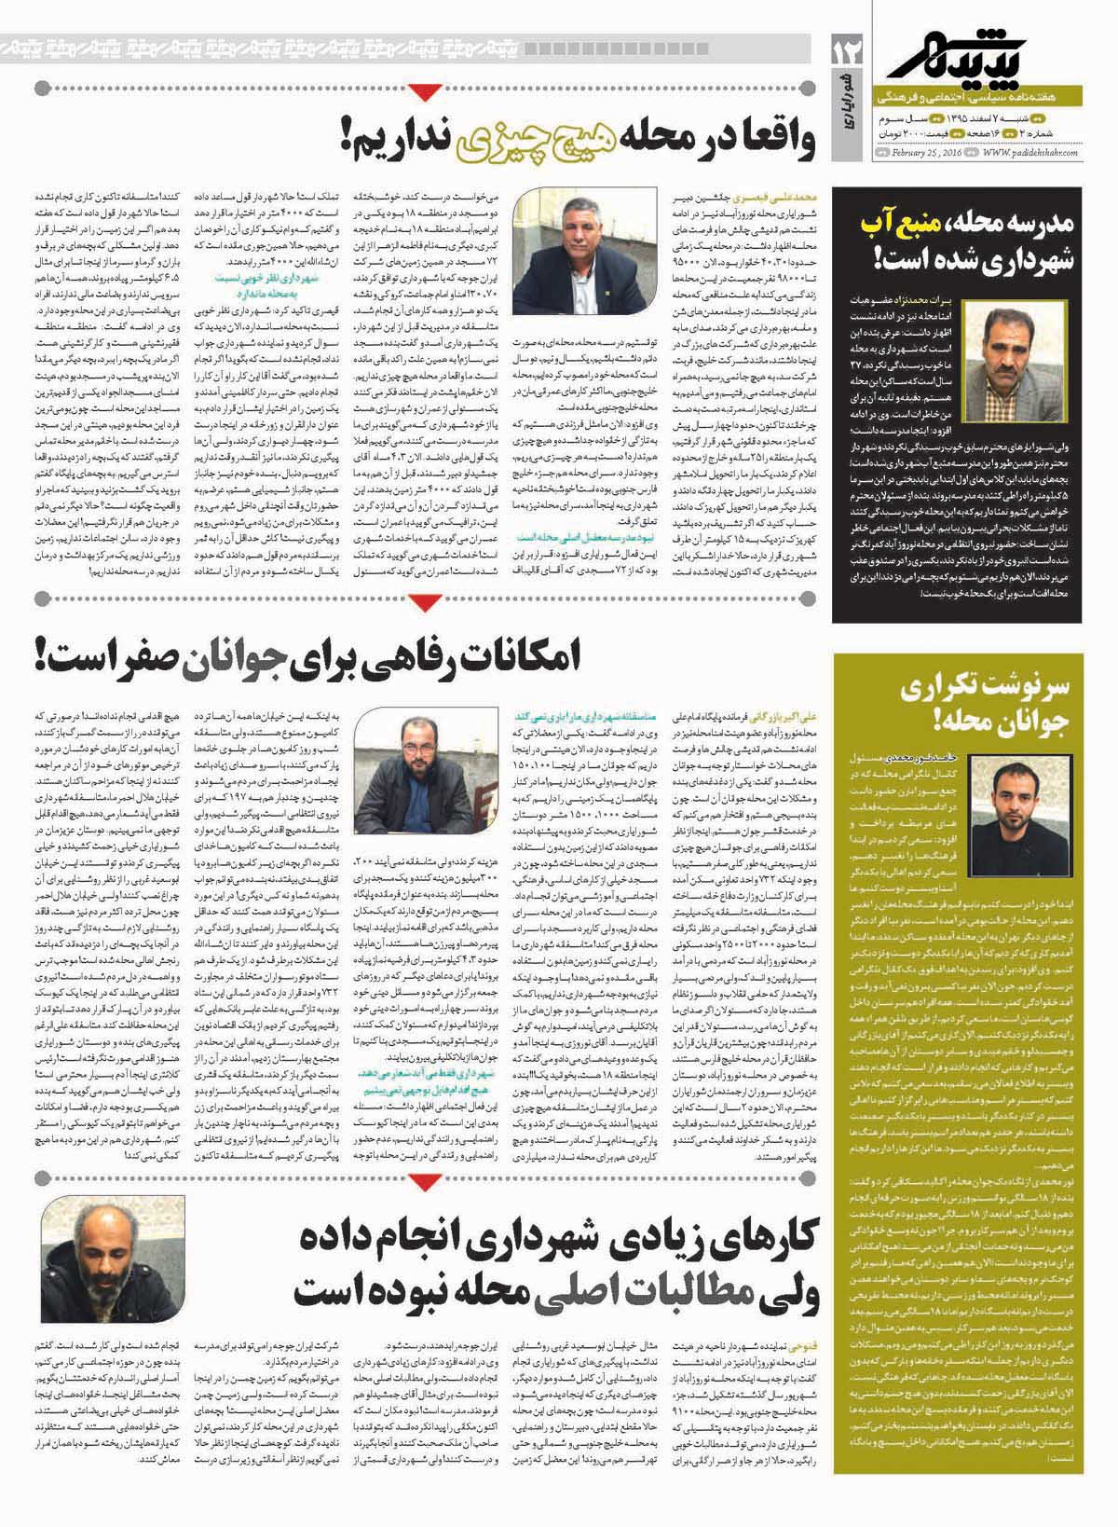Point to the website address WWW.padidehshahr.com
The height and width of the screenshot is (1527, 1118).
[x=1028, y=151]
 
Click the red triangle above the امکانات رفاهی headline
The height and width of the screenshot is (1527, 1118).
[x=425, y=608]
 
